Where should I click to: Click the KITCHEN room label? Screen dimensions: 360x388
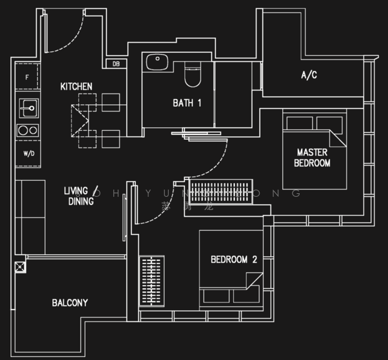pyautogui.click(x=76, y=87)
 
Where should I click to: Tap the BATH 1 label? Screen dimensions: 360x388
pyautogui.click(x=187, y=103)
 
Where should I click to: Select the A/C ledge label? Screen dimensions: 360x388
pyautogui.click(x=309, y=76)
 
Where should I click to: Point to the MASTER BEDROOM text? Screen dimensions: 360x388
pyautogui.click(x=312, y=158)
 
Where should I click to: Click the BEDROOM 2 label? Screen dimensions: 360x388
pyautogui.click(x=234, y=260)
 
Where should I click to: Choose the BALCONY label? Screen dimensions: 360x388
pyautogui.click(x=70, y=303)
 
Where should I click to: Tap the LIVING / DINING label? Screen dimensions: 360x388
pyautogui.click(x=79, y=196)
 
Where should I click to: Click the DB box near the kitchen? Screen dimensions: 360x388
pyautogui.click(x=116, y=64)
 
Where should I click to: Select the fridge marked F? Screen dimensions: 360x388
pyautogui.click(x=27, y=77)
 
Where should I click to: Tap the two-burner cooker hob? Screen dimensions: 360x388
pyautogui.click(x=28, y=130)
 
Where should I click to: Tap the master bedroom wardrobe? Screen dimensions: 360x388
pyautogui.click(x=221, y=191)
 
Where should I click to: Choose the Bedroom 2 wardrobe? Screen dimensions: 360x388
pyautogui.click(x=151, y=282)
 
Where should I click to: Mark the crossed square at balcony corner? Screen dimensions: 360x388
pyautogui.click(x=20, y=266)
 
